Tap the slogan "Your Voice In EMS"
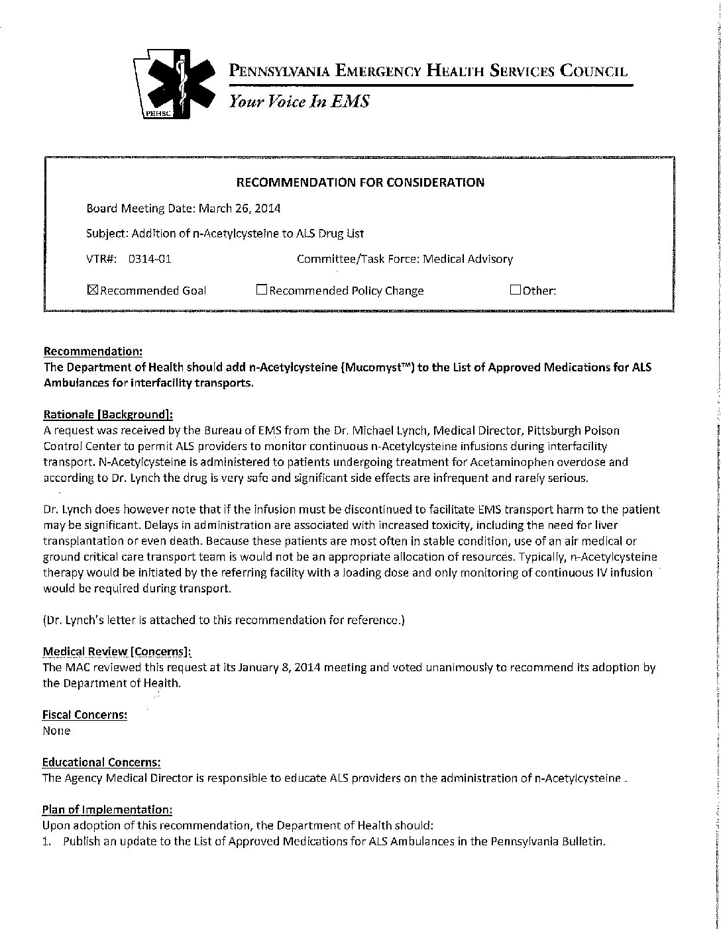298,101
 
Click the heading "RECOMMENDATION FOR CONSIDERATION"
360,182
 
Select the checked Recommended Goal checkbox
92,289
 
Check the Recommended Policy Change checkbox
261,289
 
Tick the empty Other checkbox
515,289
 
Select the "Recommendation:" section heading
92,351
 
